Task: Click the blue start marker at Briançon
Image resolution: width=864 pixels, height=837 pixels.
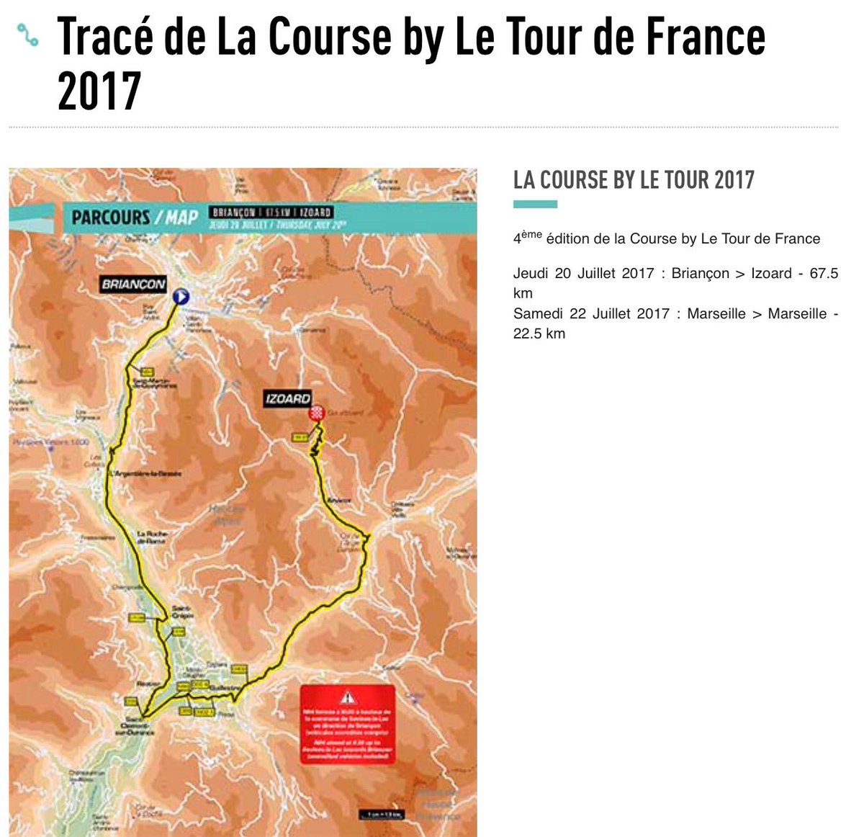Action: pyautogui.click(x=181, y=295)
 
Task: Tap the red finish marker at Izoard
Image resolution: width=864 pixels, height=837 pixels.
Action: pyautogui.click(x=315, y=413)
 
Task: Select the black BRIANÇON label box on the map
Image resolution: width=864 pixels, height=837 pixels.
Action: pyautogui.click(x=133, y=284)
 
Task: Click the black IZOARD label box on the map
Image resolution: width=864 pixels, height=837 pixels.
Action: pyautogui.click(x=288, y=398)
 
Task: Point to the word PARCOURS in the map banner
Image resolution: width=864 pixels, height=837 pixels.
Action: pyautogui.click(x=111, y=217)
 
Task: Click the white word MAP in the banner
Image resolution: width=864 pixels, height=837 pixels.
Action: pyautogui.click(x=182, y=217)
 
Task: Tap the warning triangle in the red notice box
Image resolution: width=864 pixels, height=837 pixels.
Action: pyautogui.click(x=348, y=697)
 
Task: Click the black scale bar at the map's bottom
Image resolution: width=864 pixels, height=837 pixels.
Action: pyautogui.click(x=382, y=814)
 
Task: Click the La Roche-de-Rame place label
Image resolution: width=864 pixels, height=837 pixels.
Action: pyautogui.click(x=152, y=537)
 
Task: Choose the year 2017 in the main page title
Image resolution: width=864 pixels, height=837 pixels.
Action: pyautogui.click(x=99, y=91)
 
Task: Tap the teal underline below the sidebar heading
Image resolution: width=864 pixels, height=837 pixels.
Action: pyautogui.click(x=535, y=205)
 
